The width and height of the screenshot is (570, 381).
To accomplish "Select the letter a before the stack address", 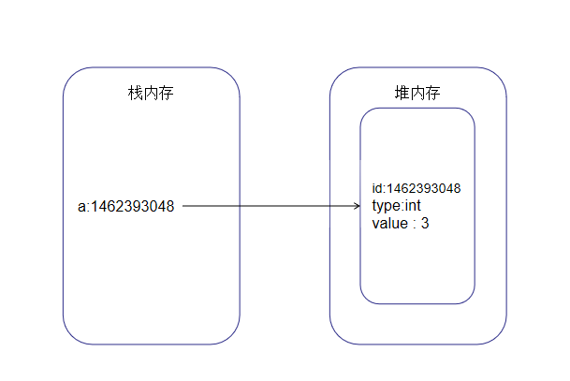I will pos(81,206).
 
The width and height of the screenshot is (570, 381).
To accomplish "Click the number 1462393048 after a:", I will pos(134,206).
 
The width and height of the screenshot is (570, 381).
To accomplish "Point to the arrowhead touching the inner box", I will pos(357,206).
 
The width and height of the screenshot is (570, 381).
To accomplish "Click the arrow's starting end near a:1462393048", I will pos(184,206).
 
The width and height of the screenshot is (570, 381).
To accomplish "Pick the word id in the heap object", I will pos(376,189).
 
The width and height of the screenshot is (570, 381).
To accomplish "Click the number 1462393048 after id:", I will pos(423,189).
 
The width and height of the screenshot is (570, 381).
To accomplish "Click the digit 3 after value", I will pos(425,224).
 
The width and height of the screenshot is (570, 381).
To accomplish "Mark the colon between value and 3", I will pos(415,225).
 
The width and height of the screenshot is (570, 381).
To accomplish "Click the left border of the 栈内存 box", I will pos(63,206).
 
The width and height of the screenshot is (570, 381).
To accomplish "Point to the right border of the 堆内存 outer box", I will pos(506,206).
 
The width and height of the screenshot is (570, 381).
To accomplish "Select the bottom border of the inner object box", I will pos(417,303).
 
